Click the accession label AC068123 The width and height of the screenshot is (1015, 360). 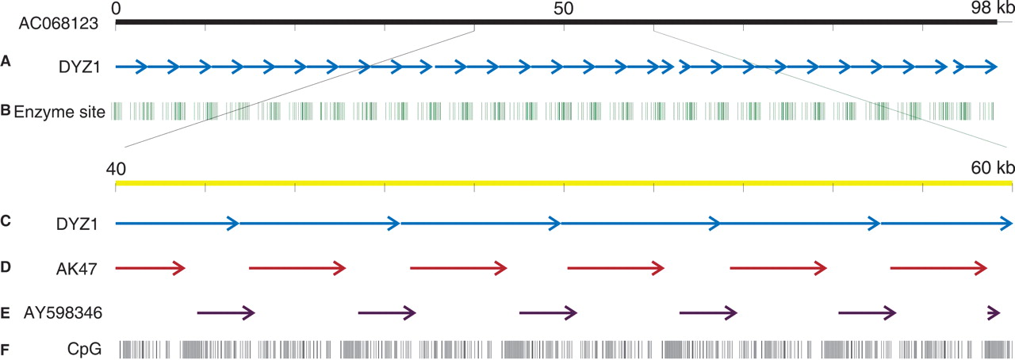[58, 24]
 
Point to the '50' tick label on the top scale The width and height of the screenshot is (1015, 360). [563, 8]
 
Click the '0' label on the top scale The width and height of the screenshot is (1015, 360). [117, 8]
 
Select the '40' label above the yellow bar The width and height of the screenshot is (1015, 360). [116, 168]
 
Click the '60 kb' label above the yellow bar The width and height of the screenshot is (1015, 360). [992, 168]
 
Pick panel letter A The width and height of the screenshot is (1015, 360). [6, 61]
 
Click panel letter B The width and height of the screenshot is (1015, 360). [6, 111]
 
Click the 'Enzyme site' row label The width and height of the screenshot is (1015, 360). [59, 112]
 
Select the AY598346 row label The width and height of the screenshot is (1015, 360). [63, 314]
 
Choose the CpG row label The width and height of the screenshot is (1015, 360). [85, 347]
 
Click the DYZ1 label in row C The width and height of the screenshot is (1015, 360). [78, 224]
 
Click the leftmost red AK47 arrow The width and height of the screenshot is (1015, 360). [150, 269]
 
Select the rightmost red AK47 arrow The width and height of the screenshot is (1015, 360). [939, 269]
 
